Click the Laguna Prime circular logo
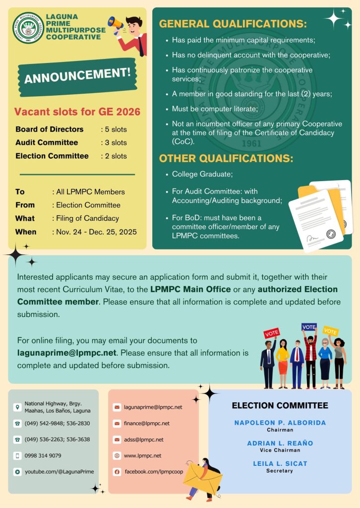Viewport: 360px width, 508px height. [28, 28]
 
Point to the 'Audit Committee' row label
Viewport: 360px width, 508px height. [47, 142]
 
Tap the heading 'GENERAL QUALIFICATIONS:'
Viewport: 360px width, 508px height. [233, 24]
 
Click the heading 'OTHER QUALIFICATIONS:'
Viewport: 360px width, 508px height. [226, 159]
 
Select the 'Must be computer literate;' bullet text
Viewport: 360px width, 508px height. [215, 109]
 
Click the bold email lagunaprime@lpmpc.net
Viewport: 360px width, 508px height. [67, 353]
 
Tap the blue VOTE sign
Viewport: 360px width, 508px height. [309, 327]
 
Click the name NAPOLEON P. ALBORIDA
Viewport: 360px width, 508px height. [280, 423]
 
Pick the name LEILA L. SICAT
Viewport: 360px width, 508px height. [280, 463]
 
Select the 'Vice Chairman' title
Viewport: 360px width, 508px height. [280, 450]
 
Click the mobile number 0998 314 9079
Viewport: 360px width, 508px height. [43, 455]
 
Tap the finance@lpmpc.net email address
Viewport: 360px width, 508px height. [147, 423]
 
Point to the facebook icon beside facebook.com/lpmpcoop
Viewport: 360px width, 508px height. [117, 471]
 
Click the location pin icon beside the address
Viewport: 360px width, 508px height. [17, 407]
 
